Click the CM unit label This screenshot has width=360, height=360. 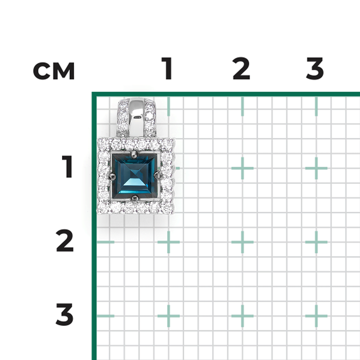[x=54, y=71]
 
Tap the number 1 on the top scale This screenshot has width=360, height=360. [x=167, y=68]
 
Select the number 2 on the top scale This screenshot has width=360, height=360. [x=241, y=68]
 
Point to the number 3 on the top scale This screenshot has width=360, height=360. [x=315, y=68]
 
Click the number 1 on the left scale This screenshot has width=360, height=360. [x=68, y=166]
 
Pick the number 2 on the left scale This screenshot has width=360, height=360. [x=65, y=240]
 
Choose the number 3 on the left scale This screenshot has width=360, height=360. [x=65, y=314]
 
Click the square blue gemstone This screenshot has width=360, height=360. [x=135, y=175]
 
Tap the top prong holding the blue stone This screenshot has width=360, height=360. [x=134, y=154]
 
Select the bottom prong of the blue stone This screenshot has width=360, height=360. [x=135, y=198]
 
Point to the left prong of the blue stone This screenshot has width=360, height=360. [x=112, y=176]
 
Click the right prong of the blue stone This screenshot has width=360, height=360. [x=157, y=175]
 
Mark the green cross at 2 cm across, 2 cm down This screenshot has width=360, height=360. [x=242, y=242]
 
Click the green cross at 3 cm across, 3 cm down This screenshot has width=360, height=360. [x=316, y=316]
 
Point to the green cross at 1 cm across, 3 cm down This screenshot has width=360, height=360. [x=168, y=316]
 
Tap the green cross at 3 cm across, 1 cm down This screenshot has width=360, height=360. [x=316, y=168]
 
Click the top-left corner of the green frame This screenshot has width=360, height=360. [x=94, y=94]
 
